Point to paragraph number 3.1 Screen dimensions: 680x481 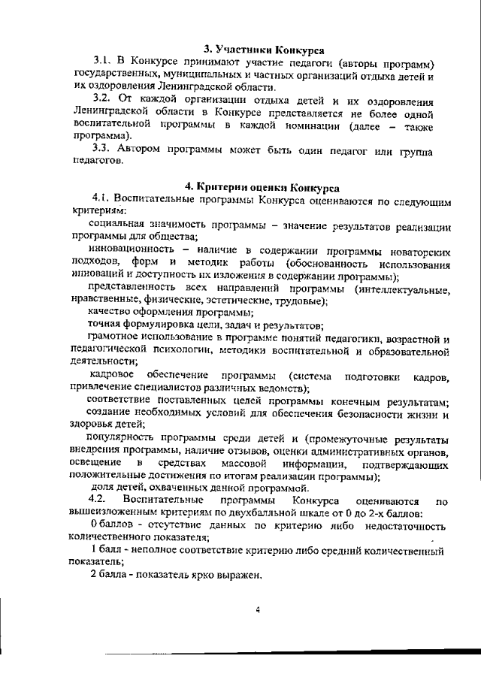click(102, 62)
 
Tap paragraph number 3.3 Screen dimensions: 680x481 click(102, 147)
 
